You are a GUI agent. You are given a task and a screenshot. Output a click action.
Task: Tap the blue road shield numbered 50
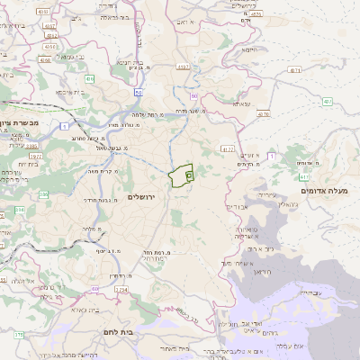[138, 92]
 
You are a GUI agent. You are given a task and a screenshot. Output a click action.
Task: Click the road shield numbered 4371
[295, 69]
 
